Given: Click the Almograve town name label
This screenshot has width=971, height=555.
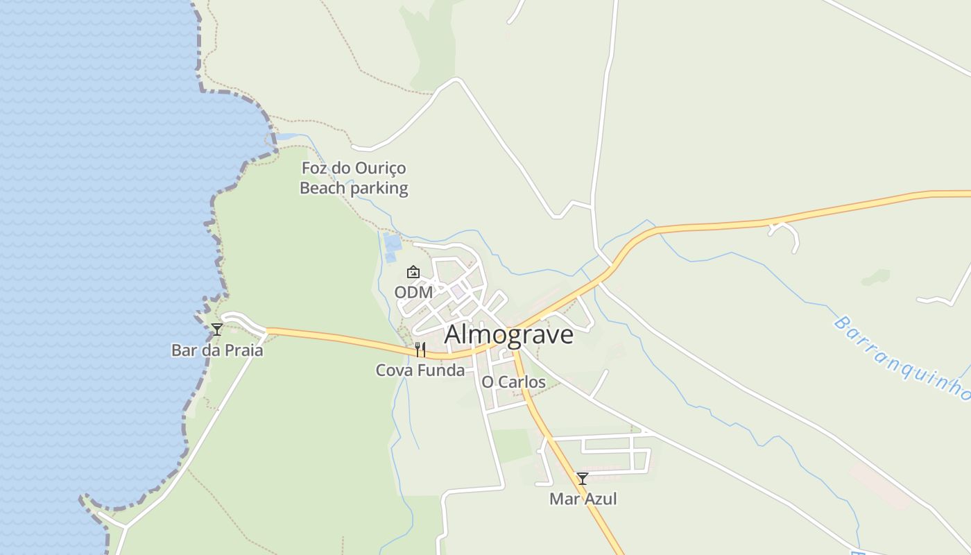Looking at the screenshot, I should coord(508,334).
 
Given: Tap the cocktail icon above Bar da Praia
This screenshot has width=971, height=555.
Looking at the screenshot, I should coord(217,330).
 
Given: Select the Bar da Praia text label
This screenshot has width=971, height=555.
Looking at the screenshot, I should coord(217,350).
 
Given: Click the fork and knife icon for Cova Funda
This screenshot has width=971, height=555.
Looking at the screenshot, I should coord(420,350).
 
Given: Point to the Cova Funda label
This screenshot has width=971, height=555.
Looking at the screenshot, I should coord(420,370).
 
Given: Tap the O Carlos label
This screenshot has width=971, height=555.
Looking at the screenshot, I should coord(513,382).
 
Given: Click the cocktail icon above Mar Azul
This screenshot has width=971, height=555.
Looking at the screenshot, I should coord(583,479).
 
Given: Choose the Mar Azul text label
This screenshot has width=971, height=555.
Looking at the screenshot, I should coord(583,499).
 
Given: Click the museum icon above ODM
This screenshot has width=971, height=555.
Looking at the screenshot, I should coord(413,272).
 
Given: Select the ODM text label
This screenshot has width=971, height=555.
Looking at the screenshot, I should coord(413,293).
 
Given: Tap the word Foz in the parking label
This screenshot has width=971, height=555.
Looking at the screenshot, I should coord(313,169).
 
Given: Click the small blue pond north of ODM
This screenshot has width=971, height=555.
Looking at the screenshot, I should coord(393,243).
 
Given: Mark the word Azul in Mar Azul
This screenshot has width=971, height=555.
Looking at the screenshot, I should coord(601,499).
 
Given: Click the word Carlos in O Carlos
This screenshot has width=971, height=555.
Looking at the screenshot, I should coord(522,382).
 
